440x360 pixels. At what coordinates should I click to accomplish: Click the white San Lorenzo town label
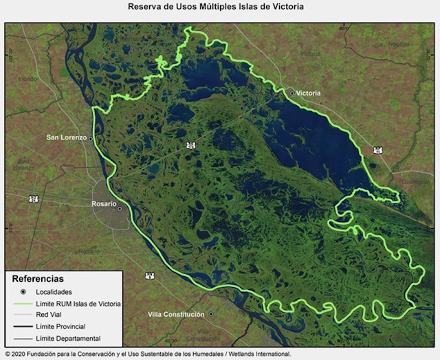tap(66, 137)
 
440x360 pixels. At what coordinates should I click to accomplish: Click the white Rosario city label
tap(104, 203)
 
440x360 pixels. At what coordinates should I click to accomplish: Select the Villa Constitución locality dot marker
tap(212, 315)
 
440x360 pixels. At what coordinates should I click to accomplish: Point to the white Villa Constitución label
tap(176, 315)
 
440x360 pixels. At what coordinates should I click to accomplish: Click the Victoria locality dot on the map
tap(291, 93)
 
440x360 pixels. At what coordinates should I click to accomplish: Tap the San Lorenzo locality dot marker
tap(91, 138)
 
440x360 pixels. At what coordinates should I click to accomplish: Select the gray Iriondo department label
tap(27, 79)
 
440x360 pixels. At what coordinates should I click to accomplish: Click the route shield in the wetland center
tap(190, 145)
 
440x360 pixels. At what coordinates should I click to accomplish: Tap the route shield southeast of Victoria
tap(377, 150)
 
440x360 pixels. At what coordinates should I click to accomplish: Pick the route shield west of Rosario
tap(32, 199)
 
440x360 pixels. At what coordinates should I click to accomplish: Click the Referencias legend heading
tap(38, 279)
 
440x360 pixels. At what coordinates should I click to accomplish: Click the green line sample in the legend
tap(23, 303)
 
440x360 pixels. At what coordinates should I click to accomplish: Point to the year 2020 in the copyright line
tap(21, 355)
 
